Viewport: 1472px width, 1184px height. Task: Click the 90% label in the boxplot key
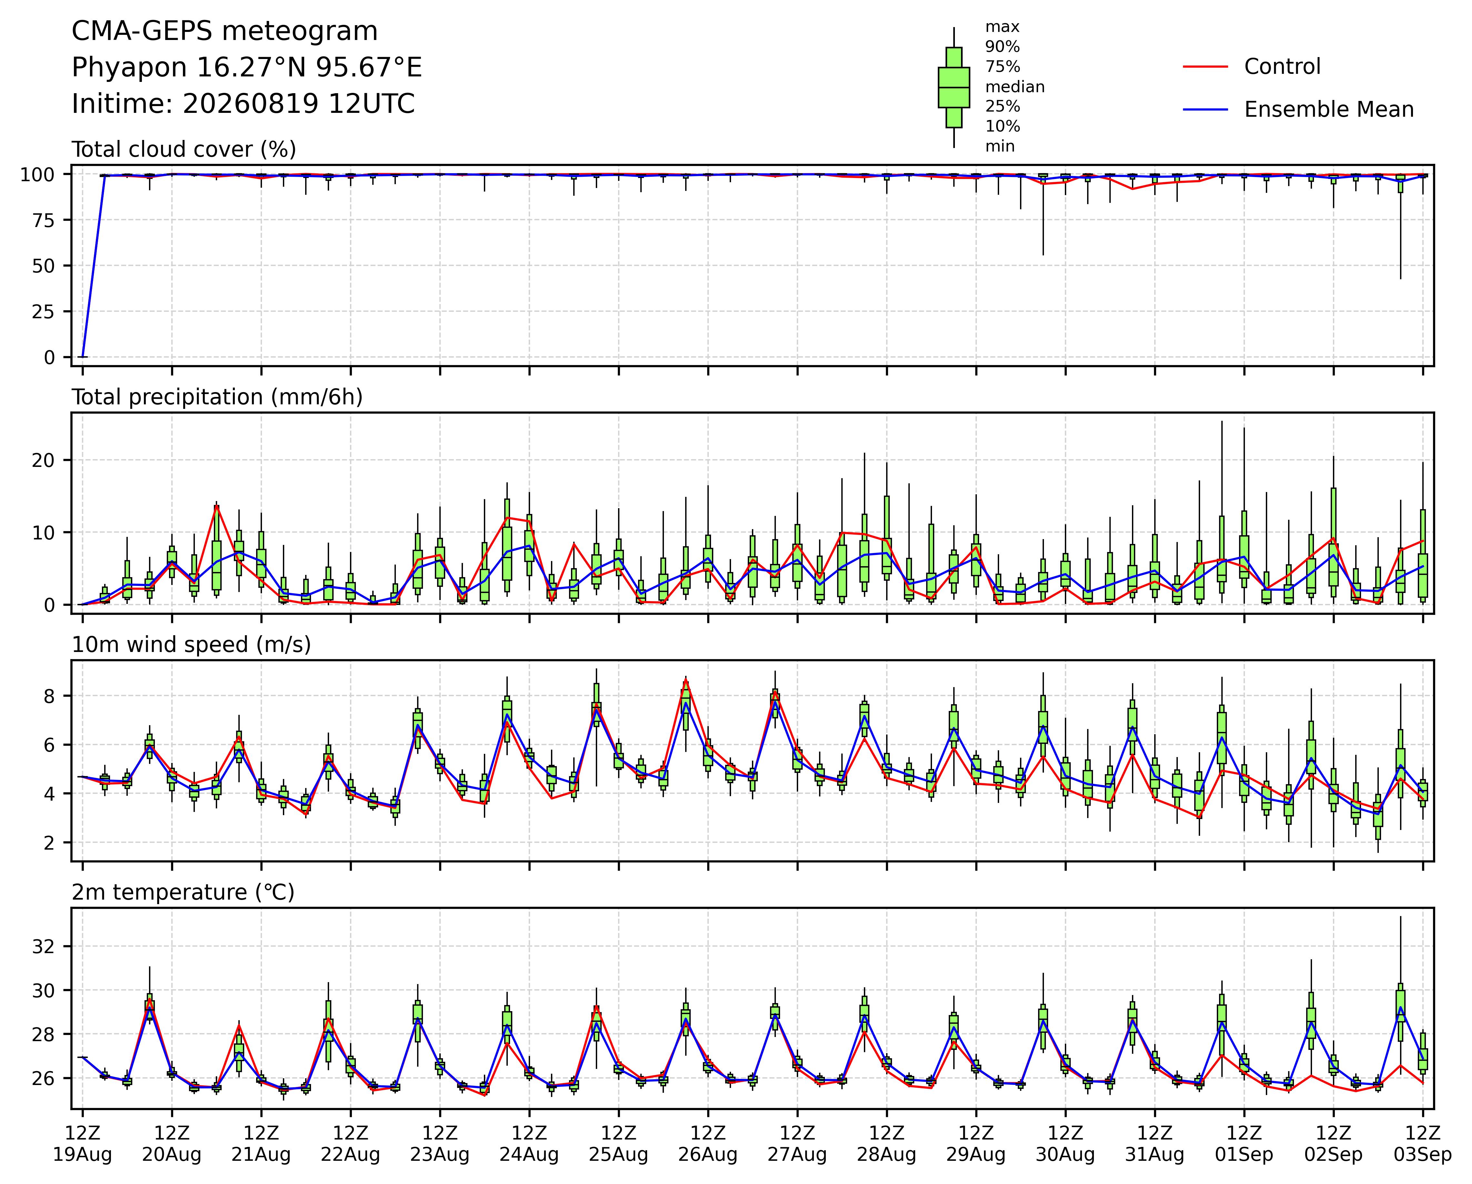(1002, 47)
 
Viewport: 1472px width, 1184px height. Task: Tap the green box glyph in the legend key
(954, 87)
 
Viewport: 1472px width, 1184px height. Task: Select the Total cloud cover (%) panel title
(184, 149)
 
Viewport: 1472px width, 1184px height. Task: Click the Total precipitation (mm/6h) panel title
(217, 397)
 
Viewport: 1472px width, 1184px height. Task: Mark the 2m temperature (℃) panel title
(183, 893)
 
